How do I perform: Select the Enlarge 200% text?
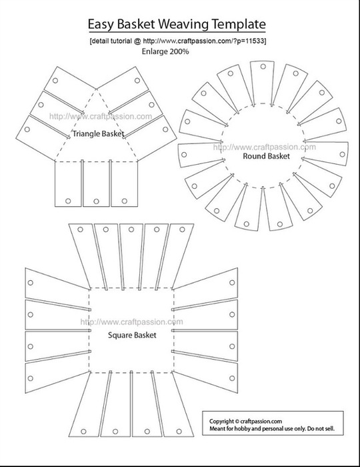tap(165, 51)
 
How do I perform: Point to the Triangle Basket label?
tap(98, 133)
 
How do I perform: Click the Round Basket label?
tap(266, 156)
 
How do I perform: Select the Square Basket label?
tap(132, 336)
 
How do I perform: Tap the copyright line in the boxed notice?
tap(245, 421)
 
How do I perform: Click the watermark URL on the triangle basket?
tap(101, 116)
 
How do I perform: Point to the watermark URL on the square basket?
tap(131, 322)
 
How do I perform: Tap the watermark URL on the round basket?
tap(265, 147)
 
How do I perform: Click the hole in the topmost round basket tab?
tap(263, 67)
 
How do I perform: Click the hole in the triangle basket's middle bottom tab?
tap(96, 201)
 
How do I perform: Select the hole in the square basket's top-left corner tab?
tap(80, 229)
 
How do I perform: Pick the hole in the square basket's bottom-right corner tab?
tap(179, 431)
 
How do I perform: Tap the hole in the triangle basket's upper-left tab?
tap(55, 81)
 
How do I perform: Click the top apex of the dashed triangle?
tap(96, 89)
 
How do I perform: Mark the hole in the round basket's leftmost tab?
tap(184, 155)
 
